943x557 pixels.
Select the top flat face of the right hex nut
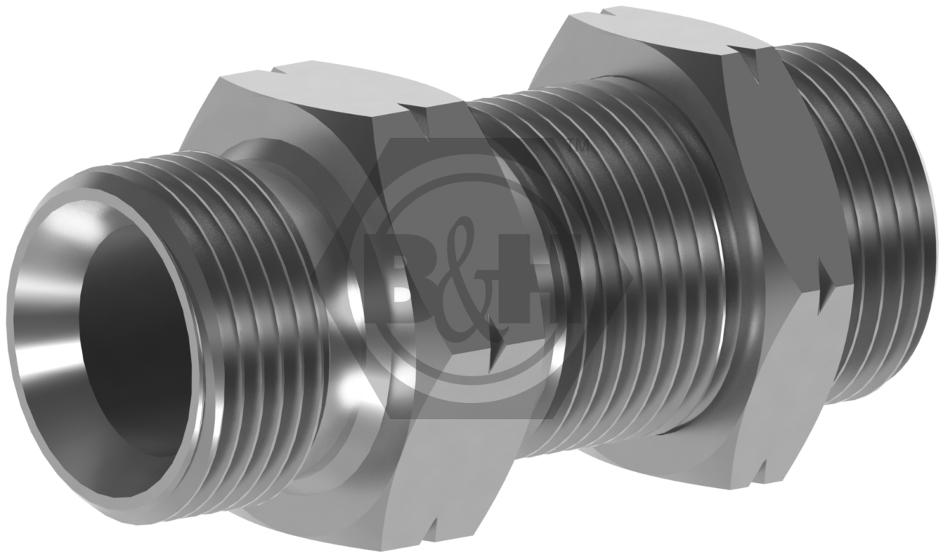pos(653,36)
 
